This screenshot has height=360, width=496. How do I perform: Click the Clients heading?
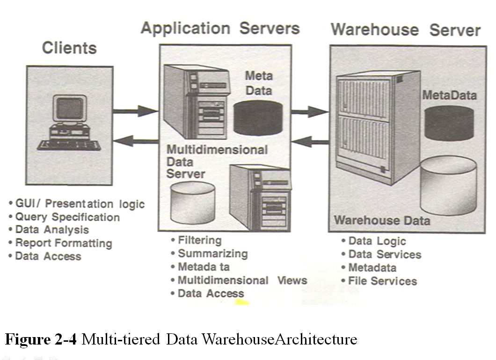(x=69, y=48)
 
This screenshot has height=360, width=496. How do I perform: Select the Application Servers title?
(x=220, y=28)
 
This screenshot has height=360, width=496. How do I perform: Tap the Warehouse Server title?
(x=405, y=30)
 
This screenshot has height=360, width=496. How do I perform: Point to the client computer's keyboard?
(x=69, y=144)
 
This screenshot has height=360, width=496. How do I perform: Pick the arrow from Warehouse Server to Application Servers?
(x=313, y=141)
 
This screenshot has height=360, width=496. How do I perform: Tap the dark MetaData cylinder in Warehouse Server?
(x=449, y=123)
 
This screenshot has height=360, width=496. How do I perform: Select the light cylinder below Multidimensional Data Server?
(x=193, y=202)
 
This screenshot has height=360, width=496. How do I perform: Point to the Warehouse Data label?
(x=382, y=220)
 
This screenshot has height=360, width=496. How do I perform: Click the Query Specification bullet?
(x=67, y=217)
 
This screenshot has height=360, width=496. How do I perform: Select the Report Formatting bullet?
(x=63, y=243)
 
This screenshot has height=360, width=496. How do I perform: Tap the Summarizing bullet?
(x=212, y=254)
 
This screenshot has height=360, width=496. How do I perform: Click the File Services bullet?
(x=382, y=281)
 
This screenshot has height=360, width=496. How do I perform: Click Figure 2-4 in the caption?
(x=41, y=339)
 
